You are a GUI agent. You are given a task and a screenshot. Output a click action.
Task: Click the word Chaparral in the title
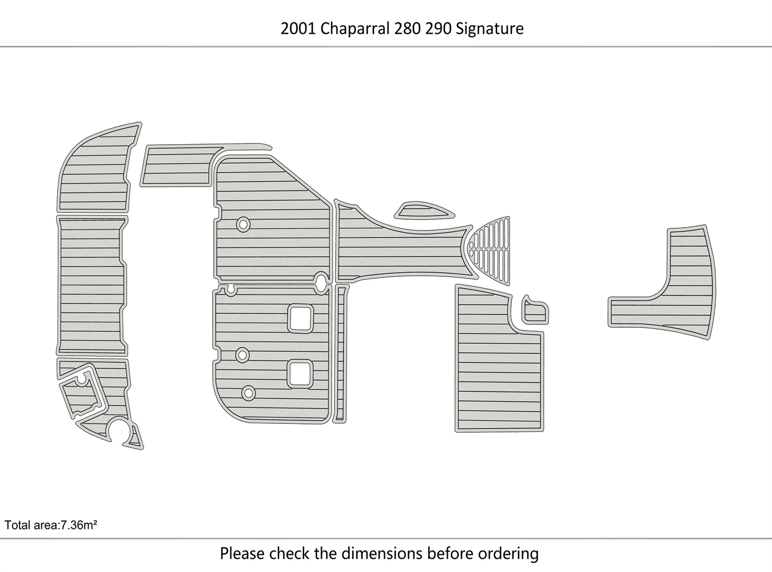pyautogui.click(x=355, y=29)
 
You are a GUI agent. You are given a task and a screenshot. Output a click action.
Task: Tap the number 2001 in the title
pyautogui.click(x=299, y=29)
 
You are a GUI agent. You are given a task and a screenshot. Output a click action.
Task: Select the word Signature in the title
pyautogui.click(x=490, y=29)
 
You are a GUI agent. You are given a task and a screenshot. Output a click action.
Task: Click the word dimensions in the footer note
pyautogui.click(x=383, y=554)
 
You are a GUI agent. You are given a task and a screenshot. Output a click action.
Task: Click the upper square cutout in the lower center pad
pyautogui.click(x=300, y=319)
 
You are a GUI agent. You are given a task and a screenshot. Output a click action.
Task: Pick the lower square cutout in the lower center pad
pyautogui.click(x=300, y=374)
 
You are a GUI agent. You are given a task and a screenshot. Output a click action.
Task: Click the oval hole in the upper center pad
pyautogui.click(x=243, y=225)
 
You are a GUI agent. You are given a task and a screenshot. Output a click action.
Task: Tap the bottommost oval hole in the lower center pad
pyautogui.click(x=248, y=393)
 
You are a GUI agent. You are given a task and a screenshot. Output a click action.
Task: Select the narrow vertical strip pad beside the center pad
pyautogui.click(x=341, y=353)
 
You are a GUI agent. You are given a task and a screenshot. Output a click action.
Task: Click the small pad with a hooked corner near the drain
pyautogui.click(x=535, y=311)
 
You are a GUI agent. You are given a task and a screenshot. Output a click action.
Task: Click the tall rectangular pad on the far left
pyautogui.click(x=92, y=285)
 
